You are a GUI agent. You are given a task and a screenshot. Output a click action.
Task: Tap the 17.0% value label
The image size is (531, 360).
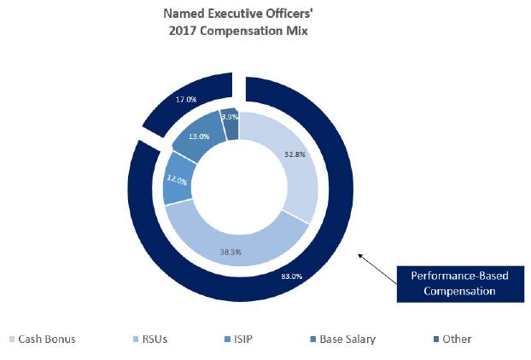[x=186, y=100]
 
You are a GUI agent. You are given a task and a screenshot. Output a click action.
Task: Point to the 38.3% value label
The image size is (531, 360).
[x=228, y=253]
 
